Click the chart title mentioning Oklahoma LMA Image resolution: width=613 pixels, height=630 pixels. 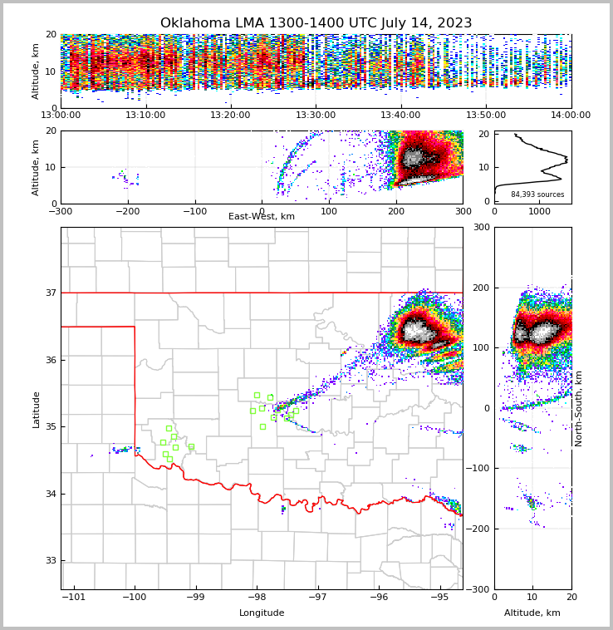click(316, 23)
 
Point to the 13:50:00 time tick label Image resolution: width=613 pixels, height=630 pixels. click(486, 116)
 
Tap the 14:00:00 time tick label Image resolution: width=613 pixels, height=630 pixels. click(571, 116)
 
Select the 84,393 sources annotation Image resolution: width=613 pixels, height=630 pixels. click(537, 194)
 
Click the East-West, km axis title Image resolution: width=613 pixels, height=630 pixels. click(262, 217)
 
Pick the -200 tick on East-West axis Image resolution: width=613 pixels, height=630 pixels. click(128, 211)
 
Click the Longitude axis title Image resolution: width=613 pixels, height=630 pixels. click(262, 613)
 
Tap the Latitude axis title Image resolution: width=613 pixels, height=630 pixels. click(36, 409)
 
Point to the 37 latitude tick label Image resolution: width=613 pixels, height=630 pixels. click(50, 293)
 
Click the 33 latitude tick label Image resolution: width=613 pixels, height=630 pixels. click(50, 560)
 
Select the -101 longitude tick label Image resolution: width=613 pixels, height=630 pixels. click(73, 597)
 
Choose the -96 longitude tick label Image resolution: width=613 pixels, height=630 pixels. click(378, 597)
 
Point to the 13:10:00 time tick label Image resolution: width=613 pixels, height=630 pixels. click(145, 116)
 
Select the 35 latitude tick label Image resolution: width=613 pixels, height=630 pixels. click(50, 426)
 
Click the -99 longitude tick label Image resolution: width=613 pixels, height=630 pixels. click(195, 597)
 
